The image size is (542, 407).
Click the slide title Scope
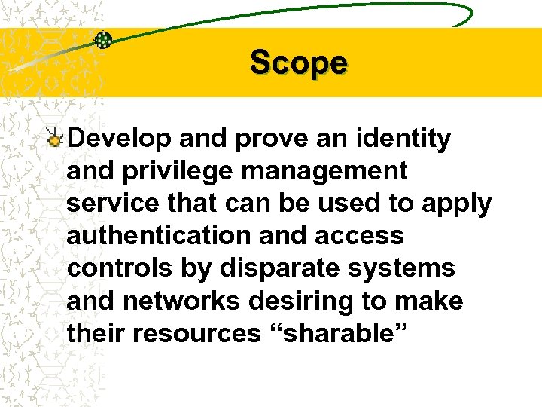coord(299,63)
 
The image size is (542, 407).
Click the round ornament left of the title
coord(104,40)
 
